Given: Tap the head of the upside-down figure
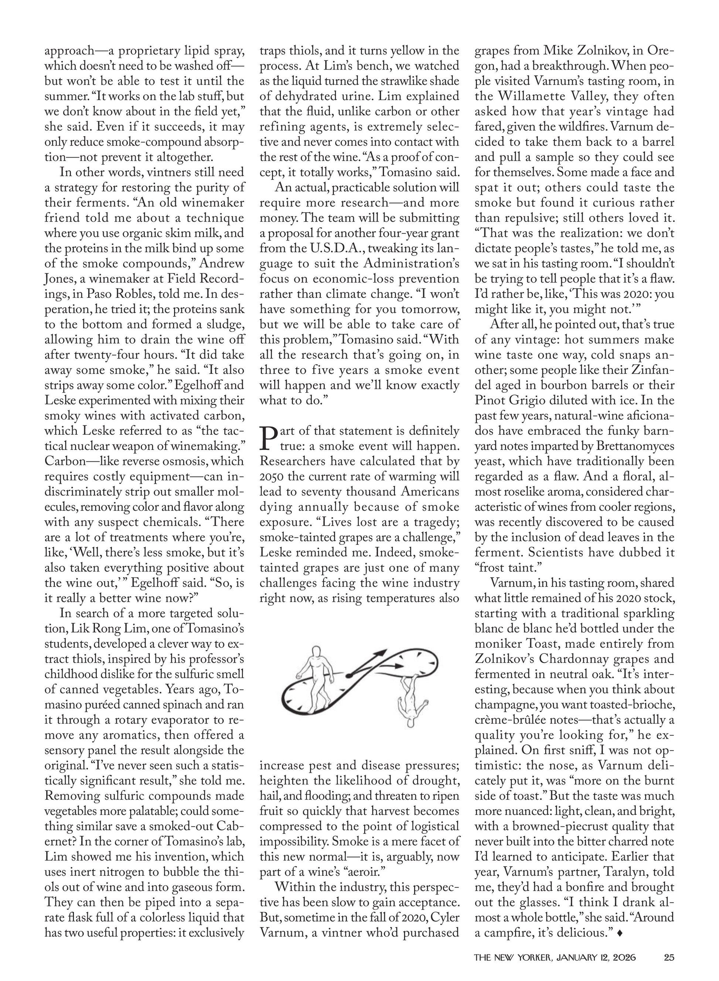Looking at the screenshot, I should click(410, 724).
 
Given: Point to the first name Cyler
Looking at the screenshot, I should click(445, 918).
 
